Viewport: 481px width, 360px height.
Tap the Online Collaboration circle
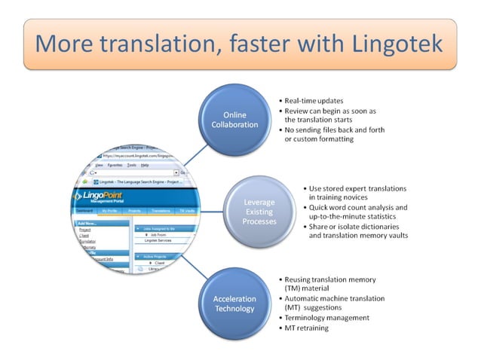234,119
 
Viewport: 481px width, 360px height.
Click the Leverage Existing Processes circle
259,212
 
